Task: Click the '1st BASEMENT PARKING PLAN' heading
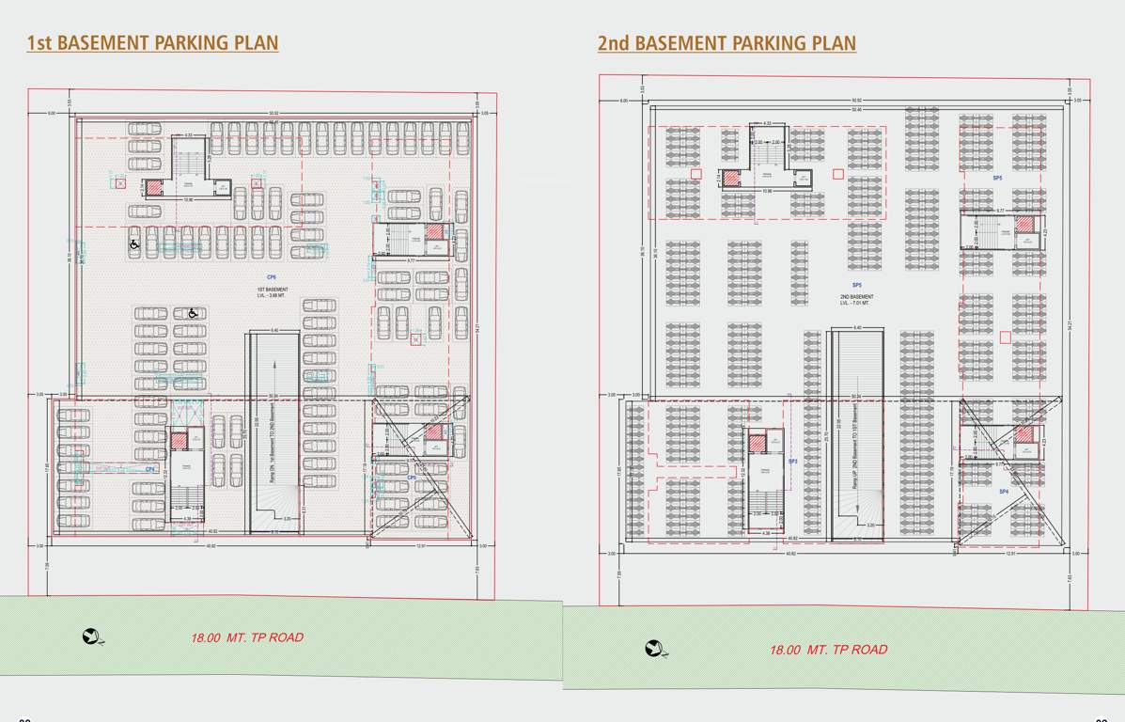click(152, 42)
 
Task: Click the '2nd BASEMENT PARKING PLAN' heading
click(727, 43)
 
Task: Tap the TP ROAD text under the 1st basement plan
click(247, 637)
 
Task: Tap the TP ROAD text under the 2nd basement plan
click(828, 650)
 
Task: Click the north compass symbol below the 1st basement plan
click(92, 637)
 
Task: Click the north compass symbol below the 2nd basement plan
click(655, 649)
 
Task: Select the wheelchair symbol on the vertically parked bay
click(134, 243)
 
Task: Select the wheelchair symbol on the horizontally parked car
click(193, 313)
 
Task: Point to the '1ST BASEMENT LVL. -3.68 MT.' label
click(273, 292)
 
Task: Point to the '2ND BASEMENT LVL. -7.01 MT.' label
click(856, 300)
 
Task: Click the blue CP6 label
click(272, 277)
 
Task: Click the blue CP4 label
click(149, 469)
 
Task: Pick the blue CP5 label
click(411, 478)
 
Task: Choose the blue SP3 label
click(792, 462)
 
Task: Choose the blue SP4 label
click(1003, 492)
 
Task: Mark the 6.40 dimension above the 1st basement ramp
click(274, 330)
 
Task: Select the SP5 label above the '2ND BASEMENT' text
click(856, 285)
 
